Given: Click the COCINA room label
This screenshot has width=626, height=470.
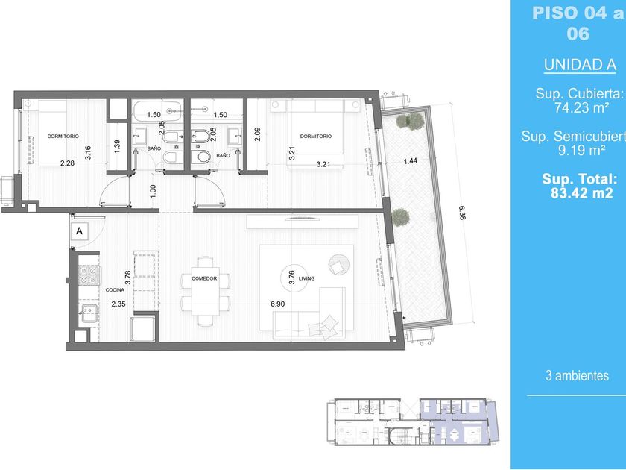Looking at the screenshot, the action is pyautogui.click(x=115, y=289).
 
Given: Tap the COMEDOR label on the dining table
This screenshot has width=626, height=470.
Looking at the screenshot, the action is pyautogui.click(x=204, y=278).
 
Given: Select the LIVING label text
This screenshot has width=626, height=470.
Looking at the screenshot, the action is pyautogui.click(x=306, y=278).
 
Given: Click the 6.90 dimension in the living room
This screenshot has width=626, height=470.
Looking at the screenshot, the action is pyautogui.click(x=278, y=304).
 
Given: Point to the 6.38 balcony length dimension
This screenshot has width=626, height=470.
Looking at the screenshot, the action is pyautogui.click(x=462, y=213).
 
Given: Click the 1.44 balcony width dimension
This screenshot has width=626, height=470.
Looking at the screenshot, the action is pyautogui.click(x=411, y=161).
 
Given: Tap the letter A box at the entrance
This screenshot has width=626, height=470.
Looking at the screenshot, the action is pyautogui.click(x=80, y=231).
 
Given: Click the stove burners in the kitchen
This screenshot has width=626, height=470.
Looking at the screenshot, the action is pyautogui.click(x=89, y=275).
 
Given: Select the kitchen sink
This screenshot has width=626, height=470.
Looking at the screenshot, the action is pyautogui.click(x=89, y=313).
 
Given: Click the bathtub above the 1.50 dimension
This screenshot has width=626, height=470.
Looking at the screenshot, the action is pyautogui.click(x=158, y=110).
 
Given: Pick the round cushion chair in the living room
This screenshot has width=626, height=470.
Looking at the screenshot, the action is pyautogui.click(x=338, y=265).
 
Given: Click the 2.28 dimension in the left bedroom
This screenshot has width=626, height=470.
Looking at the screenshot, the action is pyautogui.click(x=67, y=163).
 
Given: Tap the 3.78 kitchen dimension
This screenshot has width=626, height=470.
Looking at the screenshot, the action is pyautogui.click(x=127, y=278).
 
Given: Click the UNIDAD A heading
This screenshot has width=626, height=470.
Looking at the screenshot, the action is pyautogui.click(x=580, y=65).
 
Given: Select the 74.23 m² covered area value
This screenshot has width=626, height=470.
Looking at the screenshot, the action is pyautogui.click(x=581, y=108).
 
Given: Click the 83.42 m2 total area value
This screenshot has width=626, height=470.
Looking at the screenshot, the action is pyautogui.click(x=582, y=193).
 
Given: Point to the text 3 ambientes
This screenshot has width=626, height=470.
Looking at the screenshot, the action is pyautogui.click(x=578, y=376).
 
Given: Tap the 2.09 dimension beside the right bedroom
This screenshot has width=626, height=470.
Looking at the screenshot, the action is pyautogui.click(x=258, y=134).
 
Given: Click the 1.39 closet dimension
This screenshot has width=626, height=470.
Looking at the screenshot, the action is pyautogui.click(x=116, y=147).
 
